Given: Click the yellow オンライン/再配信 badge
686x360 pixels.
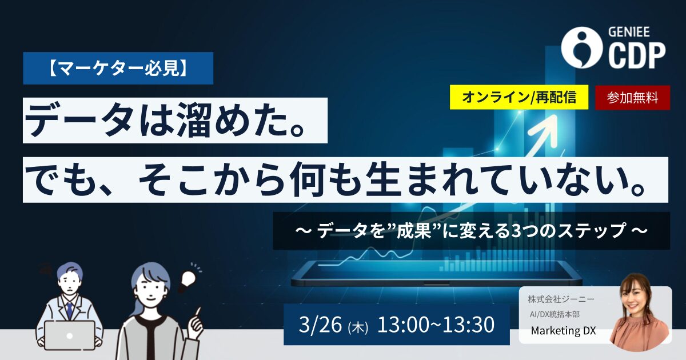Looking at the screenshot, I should [x=519, y=97].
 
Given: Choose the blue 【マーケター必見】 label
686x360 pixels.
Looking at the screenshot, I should [x=118, y=68].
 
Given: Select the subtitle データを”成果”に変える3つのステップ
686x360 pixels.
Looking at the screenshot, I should [x=471, y=231].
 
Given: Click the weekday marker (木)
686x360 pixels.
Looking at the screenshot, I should [x=358, y=327].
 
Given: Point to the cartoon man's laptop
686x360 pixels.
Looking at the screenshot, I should [x=70, y=334].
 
